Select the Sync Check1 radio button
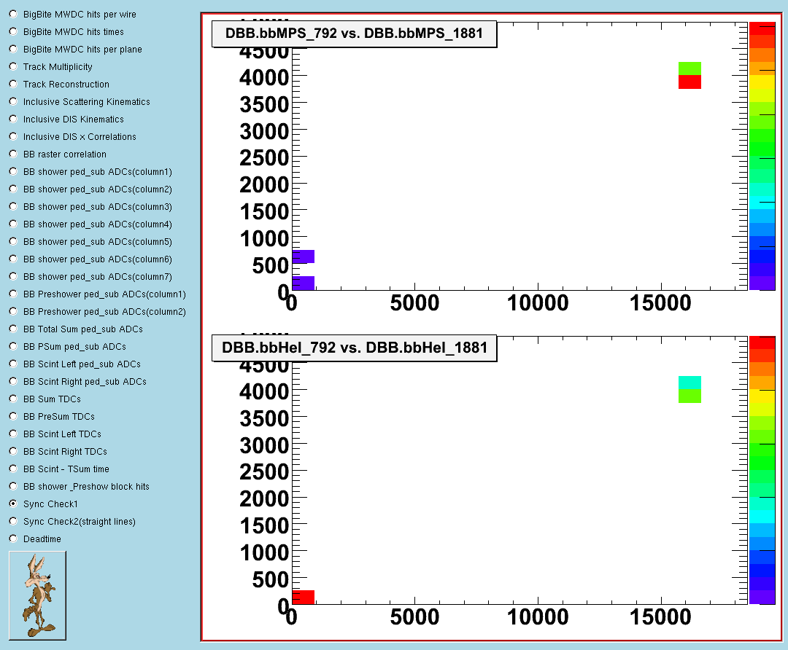(x=13, y=504)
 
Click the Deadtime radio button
(x=13, y=539)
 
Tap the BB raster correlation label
(x=65, y=154)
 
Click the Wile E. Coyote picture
(x=38, y=595)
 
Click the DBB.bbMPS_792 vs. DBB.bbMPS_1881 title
(x=355, y=34)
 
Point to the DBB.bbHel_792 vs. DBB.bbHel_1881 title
(x=355, y=348)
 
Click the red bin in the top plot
(x=689, y=82)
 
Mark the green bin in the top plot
(x=689, y=68)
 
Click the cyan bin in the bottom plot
(x=689, y=383)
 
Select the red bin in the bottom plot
(x=303, y=598)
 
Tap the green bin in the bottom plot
(x=689, y=396)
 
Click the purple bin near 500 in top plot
(x=303, y=257)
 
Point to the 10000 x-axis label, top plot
(x=538, y=303)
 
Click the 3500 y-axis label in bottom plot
(x=264, y=418)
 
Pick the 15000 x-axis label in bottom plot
(x=660, y=617)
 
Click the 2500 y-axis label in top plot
(x=264, y=158)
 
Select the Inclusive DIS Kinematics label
(x=74, y=120)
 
